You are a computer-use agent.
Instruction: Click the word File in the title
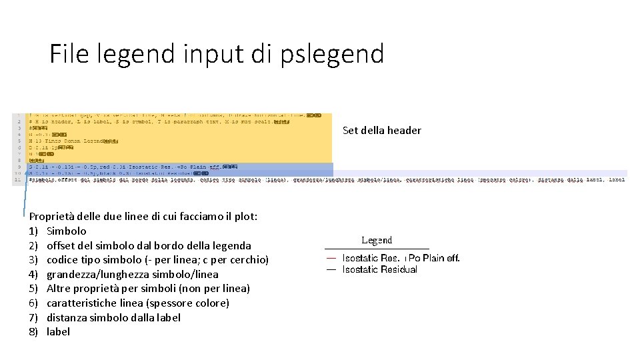click(70, 53)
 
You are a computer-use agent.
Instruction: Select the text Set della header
click(381, 131)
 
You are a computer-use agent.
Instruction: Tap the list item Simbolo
click(66, 231)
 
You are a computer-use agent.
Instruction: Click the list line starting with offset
click(149, 245)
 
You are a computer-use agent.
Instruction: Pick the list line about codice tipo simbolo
click(157, 260)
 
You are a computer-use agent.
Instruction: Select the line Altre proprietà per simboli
click(148, 289)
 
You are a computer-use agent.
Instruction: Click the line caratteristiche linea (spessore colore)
click(137, 303)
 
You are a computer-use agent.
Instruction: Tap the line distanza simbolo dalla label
click(113, 317)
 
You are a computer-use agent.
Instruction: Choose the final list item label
click(58, 332)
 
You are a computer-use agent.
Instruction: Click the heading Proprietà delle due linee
click(143, 217)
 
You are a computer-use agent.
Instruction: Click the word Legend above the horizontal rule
click(377, 241)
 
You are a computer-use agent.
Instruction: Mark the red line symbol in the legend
click(331, 258)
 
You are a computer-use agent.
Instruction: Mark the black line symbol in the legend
click(331, 269)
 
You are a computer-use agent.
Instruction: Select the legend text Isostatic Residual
click(379, 269)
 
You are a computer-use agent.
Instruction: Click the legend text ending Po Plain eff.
click(433, 258)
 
